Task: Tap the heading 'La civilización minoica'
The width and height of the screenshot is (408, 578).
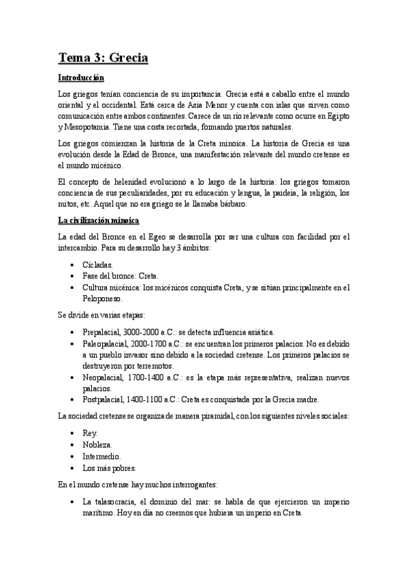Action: point(99,221)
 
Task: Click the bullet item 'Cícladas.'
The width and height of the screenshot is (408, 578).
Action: point(97,264)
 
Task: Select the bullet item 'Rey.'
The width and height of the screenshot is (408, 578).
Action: point(90,433)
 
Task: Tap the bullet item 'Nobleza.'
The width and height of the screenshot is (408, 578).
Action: point(97,444)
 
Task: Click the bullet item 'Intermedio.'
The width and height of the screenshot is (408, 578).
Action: point(101,456)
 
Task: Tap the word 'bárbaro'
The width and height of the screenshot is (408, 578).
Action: point(232,204)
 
